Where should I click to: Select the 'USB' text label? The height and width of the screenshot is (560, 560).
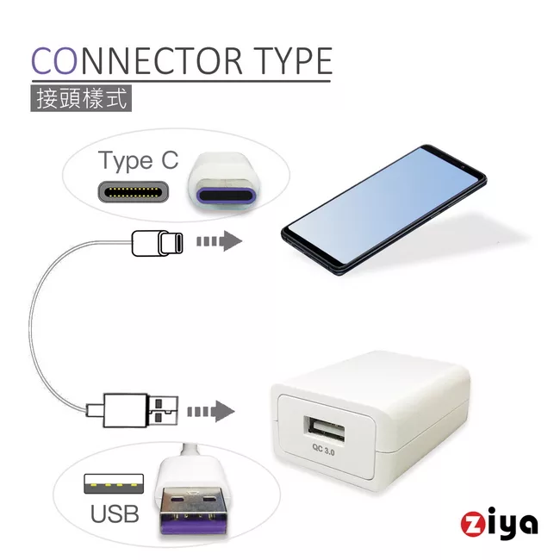[x=115, y=514]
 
